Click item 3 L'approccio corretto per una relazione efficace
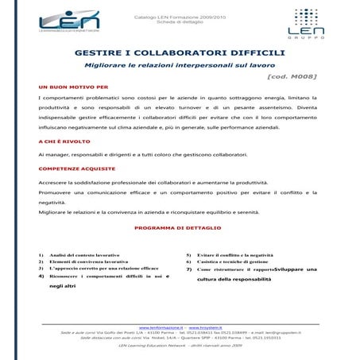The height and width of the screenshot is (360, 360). pos(104,269)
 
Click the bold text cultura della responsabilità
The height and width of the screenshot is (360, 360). pos(239,280)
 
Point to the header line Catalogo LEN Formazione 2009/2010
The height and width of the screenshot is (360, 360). pos(179,15)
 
